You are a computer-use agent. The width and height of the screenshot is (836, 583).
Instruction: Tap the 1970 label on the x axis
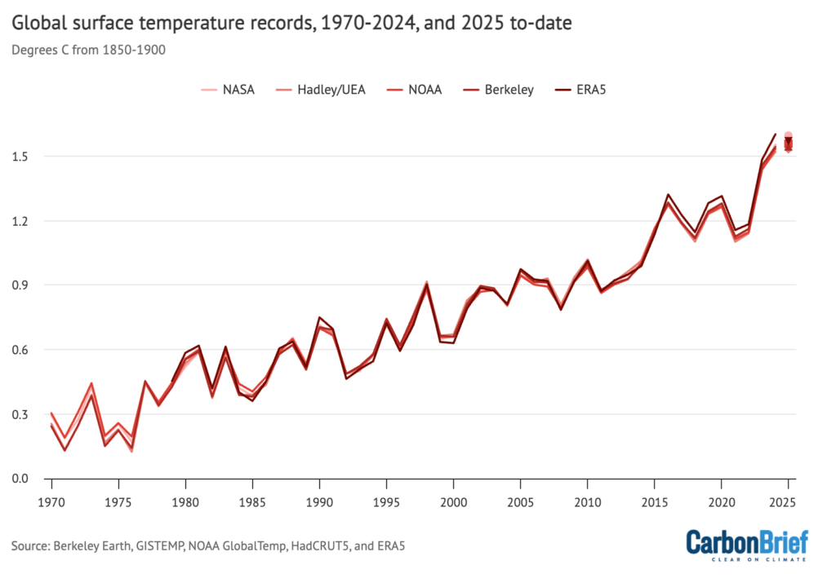(51, 496)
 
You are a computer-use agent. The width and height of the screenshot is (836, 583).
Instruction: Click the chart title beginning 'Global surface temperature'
(291, 23)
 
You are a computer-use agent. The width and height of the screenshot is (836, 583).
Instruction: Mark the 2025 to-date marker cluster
(788, 143)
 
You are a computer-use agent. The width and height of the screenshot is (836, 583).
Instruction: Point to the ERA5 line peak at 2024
(775, 134)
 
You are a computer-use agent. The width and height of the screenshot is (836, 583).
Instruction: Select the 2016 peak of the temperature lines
(667, 197)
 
